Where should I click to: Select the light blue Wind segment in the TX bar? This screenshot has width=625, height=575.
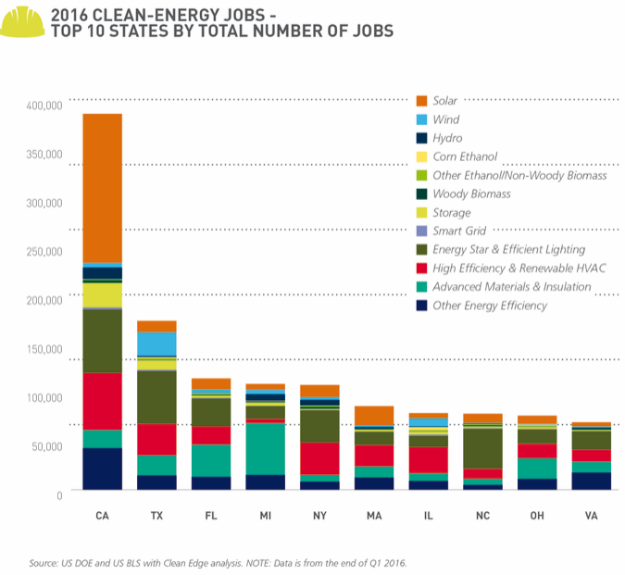(x=156, y=344)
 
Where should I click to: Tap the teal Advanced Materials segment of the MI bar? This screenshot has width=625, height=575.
(x=266, y=448)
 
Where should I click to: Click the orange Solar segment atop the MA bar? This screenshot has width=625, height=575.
(x=374, y=415)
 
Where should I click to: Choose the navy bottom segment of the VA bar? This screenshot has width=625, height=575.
(x=592, y=480)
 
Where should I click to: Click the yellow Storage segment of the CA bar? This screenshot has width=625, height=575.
(x=102, y=294)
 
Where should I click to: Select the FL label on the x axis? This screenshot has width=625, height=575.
(x=211, y=513)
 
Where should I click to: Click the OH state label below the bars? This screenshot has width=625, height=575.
(x=537, y=513)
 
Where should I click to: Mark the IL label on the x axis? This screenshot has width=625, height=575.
(x=429, y=513)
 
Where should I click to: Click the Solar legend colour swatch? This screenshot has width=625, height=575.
(x=422, y=100)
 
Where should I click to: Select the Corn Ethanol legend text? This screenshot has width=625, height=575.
(x=465, y=156)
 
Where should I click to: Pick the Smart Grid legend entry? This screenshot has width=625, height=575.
(x=461, y=231)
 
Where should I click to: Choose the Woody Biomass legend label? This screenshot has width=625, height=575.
(x=471, y=194)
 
